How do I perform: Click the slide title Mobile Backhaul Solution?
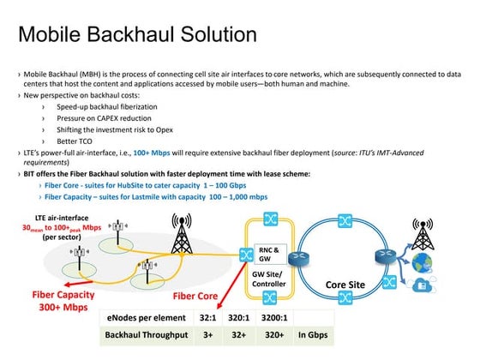(137, 35)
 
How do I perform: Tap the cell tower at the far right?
(422, 236)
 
